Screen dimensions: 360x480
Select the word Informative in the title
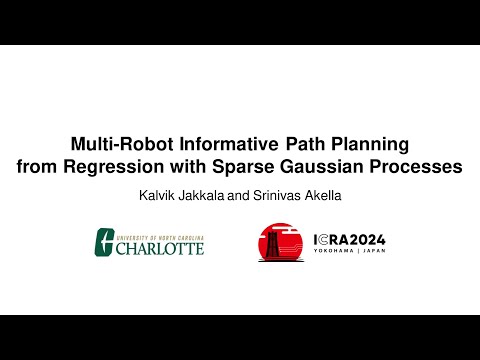coord(217,144)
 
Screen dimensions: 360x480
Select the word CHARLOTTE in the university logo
coord(159,246)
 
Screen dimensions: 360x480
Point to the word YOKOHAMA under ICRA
coord(336,254)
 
